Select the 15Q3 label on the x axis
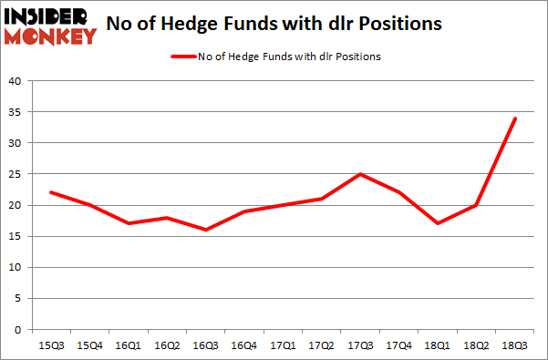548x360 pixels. click(51, 345)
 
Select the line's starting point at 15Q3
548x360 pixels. click(51, 192)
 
